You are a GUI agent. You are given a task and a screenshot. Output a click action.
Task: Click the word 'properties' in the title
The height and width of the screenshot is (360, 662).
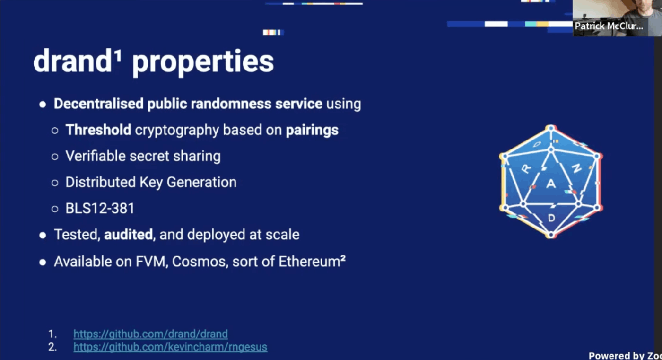203,62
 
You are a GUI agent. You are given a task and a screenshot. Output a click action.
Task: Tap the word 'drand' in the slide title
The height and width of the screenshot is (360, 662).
72,61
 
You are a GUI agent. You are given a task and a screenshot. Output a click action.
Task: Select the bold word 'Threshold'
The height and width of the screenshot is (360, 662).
98,130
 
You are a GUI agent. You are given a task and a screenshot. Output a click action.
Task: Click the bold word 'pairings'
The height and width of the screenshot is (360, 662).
312,131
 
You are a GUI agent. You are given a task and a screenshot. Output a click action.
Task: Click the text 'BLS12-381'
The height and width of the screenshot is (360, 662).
100,208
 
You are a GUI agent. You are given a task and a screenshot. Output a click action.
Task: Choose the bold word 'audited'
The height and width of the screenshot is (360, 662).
128,234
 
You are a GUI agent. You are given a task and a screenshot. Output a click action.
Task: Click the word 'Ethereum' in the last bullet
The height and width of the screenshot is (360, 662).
309,262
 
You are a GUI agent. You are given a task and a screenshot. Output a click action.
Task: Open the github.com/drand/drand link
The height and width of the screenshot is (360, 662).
151,334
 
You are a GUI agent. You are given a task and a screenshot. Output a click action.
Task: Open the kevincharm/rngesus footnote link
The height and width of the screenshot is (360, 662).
170,347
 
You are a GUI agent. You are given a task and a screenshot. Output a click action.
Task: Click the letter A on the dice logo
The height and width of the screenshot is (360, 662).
551,184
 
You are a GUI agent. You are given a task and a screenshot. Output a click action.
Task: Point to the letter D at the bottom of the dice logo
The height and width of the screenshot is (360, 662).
551,218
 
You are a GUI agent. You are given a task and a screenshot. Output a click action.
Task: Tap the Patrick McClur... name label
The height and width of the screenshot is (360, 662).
609,26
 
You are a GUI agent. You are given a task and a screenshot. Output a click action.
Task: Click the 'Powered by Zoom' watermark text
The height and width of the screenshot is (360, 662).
625,355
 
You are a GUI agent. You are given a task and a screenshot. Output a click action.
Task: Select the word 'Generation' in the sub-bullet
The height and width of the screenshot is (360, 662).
201,182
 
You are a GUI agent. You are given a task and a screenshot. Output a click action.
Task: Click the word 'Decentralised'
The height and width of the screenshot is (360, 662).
99,104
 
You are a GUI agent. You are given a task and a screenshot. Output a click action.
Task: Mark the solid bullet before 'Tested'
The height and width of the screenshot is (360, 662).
43,235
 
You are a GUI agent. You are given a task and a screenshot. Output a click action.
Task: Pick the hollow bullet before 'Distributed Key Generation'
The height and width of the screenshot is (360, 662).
55,183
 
